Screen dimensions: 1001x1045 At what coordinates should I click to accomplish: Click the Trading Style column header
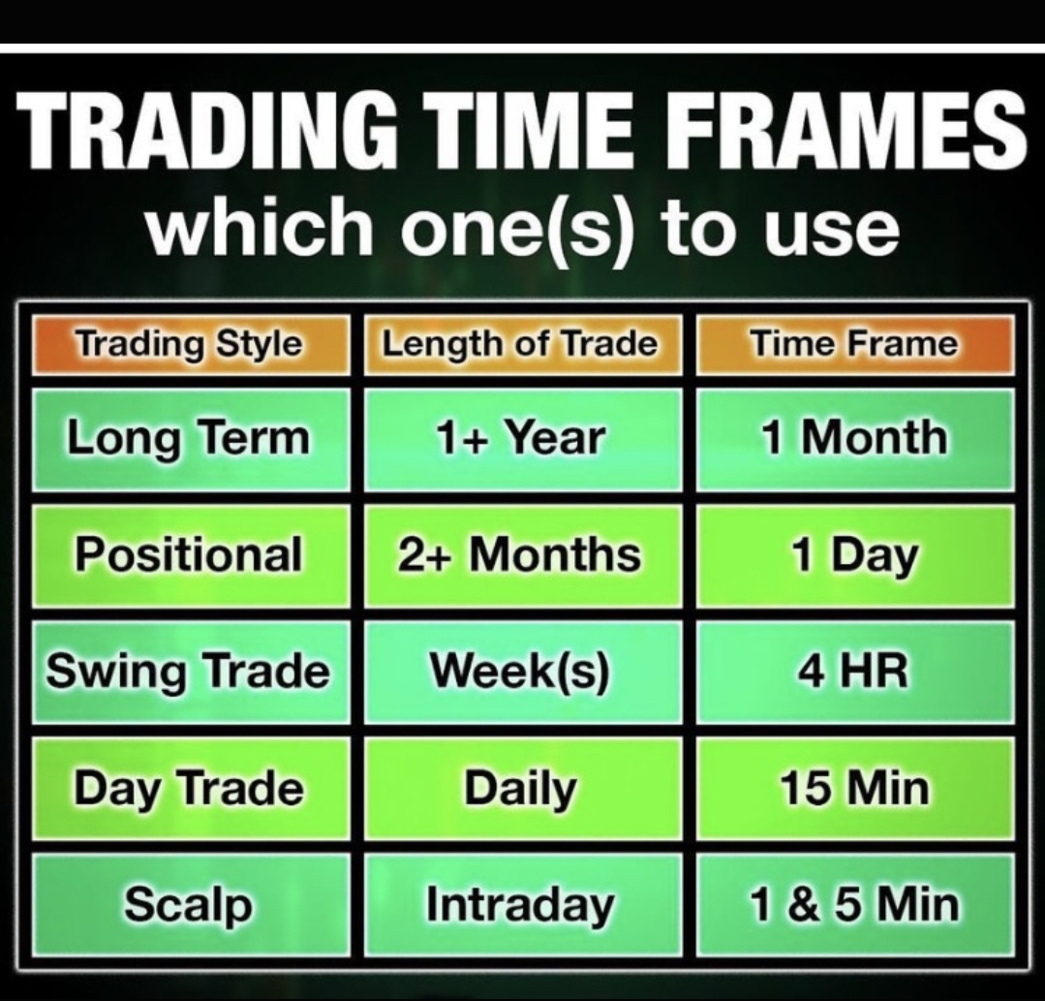(190, 344)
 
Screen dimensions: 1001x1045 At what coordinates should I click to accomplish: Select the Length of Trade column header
(520, 344)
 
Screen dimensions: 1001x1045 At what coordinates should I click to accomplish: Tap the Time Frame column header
(854, 344)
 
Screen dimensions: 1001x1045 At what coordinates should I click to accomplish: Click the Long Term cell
(190, 438)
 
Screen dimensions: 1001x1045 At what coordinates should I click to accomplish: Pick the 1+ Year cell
(520, 438)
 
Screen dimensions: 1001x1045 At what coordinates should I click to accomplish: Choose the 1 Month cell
(854, 438)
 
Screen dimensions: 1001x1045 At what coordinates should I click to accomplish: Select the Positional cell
(190, 555)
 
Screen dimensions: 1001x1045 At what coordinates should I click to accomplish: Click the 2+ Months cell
(520, 555)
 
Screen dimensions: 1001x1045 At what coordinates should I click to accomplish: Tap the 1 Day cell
(854, 555)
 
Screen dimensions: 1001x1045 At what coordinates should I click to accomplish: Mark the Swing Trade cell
(190, 672)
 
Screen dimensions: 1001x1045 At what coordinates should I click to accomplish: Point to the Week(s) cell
(520, 672)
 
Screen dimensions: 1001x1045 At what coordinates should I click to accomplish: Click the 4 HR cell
(854, 672)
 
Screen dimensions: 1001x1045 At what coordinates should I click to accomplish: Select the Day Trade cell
(190, 788)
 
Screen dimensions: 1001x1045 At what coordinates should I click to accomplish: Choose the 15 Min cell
(854, 788)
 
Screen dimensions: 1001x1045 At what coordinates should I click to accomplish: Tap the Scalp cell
(190, 904)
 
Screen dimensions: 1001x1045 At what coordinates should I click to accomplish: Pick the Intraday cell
(520, 904)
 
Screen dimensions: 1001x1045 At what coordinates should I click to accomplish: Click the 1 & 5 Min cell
(854, 904)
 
